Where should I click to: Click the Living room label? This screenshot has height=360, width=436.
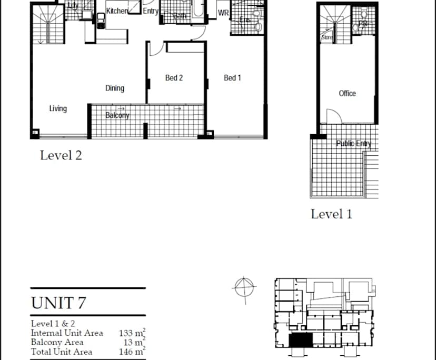(x=58, y=108)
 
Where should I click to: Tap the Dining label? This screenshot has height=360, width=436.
(x=115, y=88)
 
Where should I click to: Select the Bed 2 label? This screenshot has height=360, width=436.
(x=174, y=78)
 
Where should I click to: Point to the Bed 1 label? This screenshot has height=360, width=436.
(x=232, y=78)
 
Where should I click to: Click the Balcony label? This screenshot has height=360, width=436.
(x=117, y=115)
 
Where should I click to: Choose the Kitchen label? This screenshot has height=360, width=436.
(x=116, y=11)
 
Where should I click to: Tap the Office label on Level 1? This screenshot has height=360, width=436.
(x=347, y=93)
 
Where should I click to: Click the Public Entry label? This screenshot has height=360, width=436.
(x=353, y=143)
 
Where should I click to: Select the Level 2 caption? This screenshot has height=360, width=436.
(x=61, y=155)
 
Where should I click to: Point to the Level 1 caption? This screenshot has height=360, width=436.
(x=331, y=214)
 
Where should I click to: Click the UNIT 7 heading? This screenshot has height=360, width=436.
(x=58, y=303)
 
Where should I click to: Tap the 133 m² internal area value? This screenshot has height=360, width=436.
(x=132, y=333)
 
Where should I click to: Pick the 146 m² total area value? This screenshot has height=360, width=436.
(x=132, y=352)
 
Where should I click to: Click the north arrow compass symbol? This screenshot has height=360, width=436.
(x=244, y=287)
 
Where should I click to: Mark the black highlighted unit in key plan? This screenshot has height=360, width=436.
(x=301, y=341)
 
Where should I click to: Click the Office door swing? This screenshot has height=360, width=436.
(x=332, y=116)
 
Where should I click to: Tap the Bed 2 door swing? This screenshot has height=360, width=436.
(x=156, y=49)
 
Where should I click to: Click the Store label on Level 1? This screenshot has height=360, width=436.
(x=326, y=38)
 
